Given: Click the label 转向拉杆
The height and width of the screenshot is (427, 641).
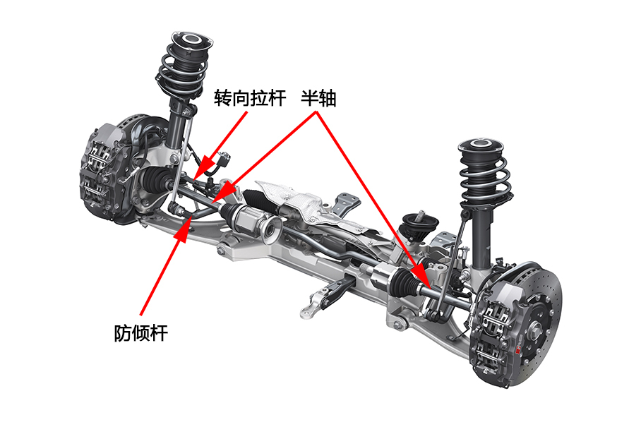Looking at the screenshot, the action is coord(250,98).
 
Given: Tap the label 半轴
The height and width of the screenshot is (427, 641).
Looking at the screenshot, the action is coord(319,98).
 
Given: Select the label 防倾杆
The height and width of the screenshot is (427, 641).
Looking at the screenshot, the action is coord(141,333).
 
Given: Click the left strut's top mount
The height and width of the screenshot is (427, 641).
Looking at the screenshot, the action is coord(191,41).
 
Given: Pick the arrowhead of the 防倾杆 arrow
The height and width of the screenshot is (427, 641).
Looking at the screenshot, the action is coord(185,229).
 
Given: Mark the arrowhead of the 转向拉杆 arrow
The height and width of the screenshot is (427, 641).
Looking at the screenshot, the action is coord(205,167).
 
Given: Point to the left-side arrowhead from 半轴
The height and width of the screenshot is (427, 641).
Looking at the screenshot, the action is coord(224,191).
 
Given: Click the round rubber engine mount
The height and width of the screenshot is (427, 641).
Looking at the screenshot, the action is coord(420,224).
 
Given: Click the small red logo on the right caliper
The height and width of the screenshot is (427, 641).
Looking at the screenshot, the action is coord(518,350).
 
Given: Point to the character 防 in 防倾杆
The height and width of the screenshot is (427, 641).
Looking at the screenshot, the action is coord(123,333).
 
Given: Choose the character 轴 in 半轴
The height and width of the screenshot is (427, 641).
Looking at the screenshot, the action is coord(328,98).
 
